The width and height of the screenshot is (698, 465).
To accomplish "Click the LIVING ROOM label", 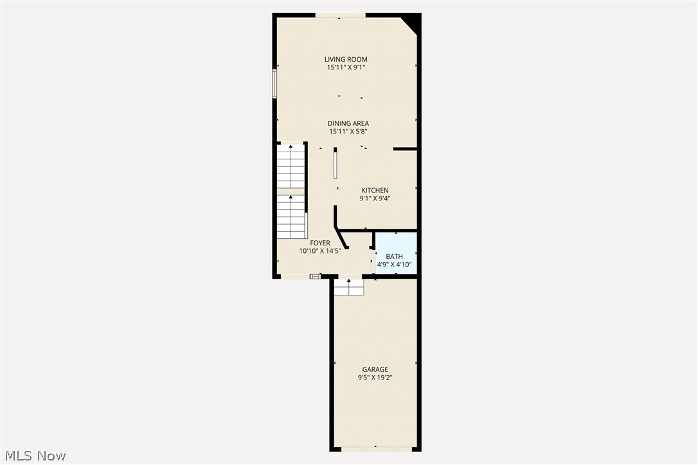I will [346, 59].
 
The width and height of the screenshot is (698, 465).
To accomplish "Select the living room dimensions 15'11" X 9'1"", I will [346, 67].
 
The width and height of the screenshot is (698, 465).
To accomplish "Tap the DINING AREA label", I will [348, 123].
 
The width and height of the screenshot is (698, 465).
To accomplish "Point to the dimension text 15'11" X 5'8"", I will [348, 132].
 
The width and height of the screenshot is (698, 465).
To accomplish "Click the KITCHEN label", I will [375, 190].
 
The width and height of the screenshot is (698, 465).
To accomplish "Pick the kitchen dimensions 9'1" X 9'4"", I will [375, 198].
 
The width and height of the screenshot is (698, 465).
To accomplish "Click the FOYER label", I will [320, 243].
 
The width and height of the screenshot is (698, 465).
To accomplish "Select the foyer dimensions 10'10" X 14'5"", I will [320, 251].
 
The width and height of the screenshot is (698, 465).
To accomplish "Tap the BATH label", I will [395, 256].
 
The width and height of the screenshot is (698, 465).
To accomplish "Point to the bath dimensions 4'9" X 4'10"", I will [395, 264].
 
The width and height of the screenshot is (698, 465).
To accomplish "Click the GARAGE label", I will [375, 369].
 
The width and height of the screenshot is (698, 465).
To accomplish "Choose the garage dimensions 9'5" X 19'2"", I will [375, 378].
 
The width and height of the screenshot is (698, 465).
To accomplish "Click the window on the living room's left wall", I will [274, 83].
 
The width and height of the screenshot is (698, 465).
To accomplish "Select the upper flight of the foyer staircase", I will [291, 167].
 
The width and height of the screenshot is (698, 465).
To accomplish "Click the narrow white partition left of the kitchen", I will [336, 164].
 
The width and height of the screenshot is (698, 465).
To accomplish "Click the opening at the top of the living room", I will [341, 15].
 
